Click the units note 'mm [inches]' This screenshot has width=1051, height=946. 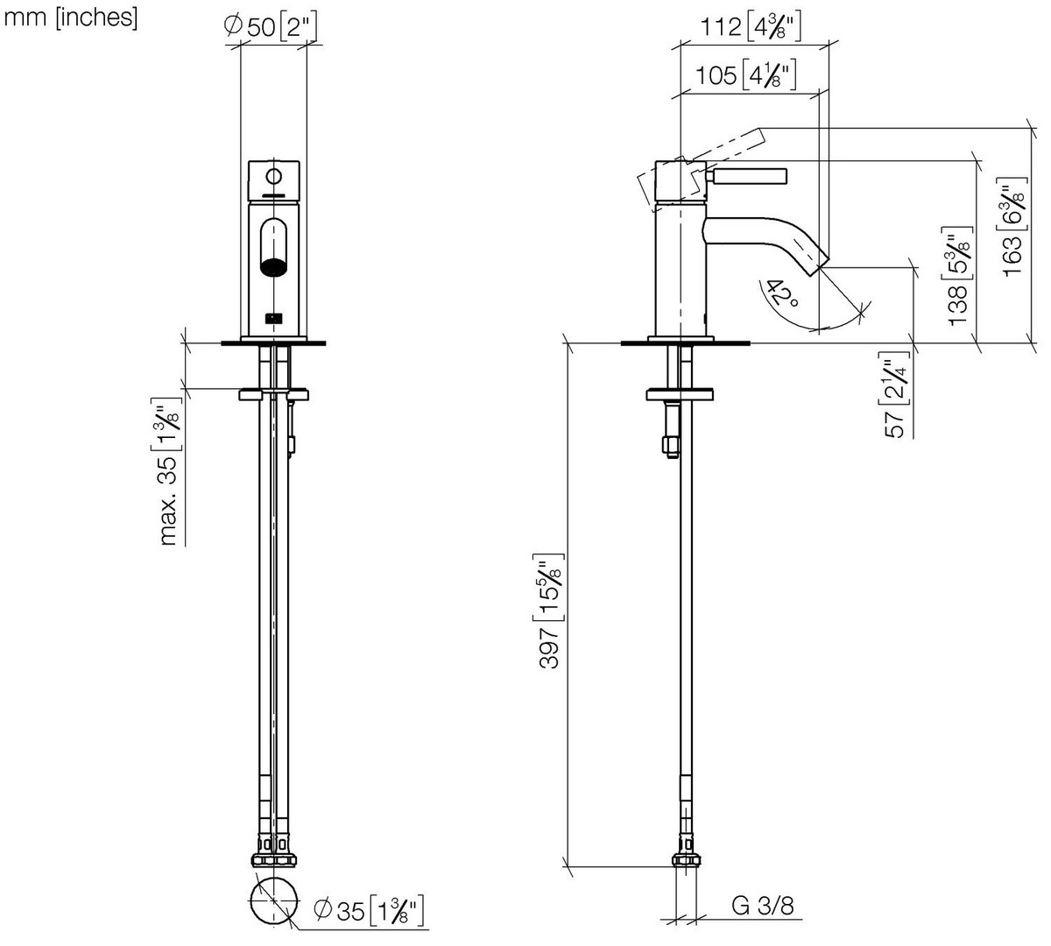71,18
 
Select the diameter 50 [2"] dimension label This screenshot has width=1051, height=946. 271,26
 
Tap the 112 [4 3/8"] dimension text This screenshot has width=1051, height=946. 751,27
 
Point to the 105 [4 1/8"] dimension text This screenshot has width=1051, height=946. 745,76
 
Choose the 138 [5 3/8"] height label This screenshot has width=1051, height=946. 961,276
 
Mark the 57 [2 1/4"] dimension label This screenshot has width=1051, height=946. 897,395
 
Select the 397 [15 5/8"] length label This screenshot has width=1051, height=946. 549,611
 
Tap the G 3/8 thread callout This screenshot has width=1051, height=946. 762,905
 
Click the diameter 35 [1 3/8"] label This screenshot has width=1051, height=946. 369,911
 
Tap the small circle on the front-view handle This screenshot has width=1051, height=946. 273,177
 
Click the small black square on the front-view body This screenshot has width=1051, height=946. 273,318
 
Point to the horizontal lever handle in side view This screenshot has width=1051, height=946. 746,177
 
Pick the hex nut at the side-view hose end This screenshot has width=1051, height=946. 686,860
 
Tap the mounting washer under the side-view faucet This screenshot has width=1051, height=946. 680,395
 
